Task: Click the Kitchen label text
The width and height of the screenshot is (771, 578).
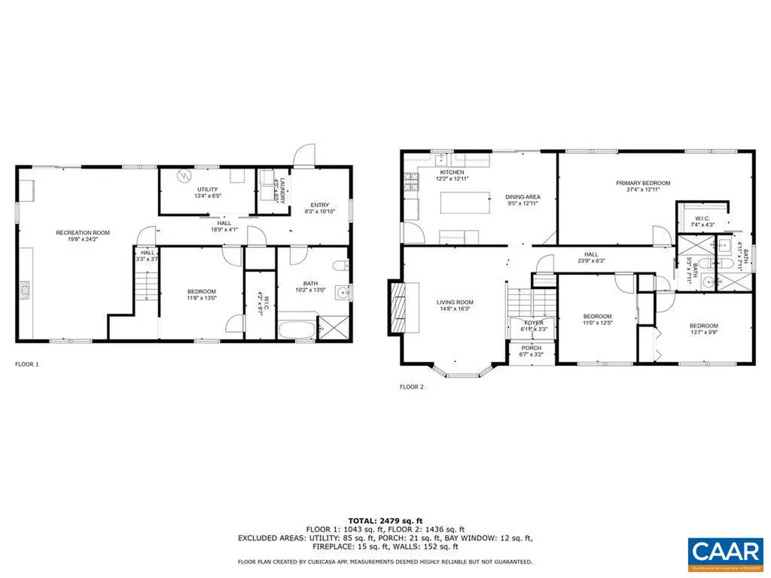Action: pyautogui.click(x=441, y=172)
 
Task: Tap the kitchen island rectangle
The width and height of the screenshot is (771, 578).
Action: pyautogui.click(x=462, y=203)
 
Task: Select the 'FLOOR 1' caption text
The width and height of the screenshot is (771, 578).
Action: pyautogui.click(x=26, y=364)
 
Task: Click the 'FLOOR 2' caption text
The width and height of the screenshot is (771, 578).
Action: pyautogui.click(x=411, y=387)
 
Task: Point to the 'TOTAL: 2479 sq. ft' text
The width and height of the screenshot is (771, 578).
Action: pyautogui.click(x=385, y=521)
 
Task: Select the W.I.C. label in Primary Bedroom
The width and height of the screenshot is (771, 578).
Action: pyautogui.click(x=702, y=221)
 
